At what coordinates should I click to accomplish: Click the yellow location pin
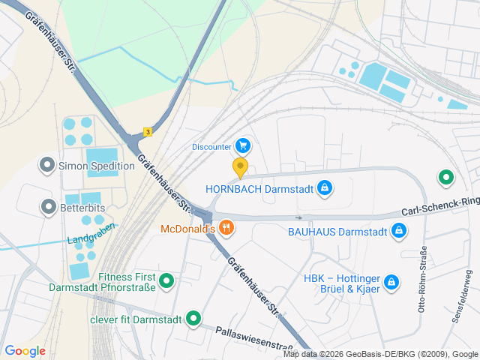[240, 166]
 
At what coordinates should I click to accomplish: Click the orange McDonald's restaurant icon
[226, 228]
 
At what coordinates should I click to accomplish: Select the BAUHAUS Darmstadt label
[337, 231]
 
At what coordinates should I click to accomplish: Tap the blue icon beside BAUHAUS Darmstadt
[399, 231]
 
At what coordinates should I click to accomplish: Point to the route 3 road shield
[148, 131]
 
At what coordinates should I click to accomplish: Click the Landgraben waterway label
[91, 233]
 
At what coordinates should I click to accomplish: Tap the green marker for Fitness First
[167, 281]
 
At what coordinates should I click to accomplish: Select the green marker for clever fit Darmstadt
[193, 319]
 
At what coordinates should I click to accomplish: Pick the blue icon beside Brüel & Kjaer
[390, 282]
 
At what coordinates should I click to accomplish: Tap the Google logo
[25, 350]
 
